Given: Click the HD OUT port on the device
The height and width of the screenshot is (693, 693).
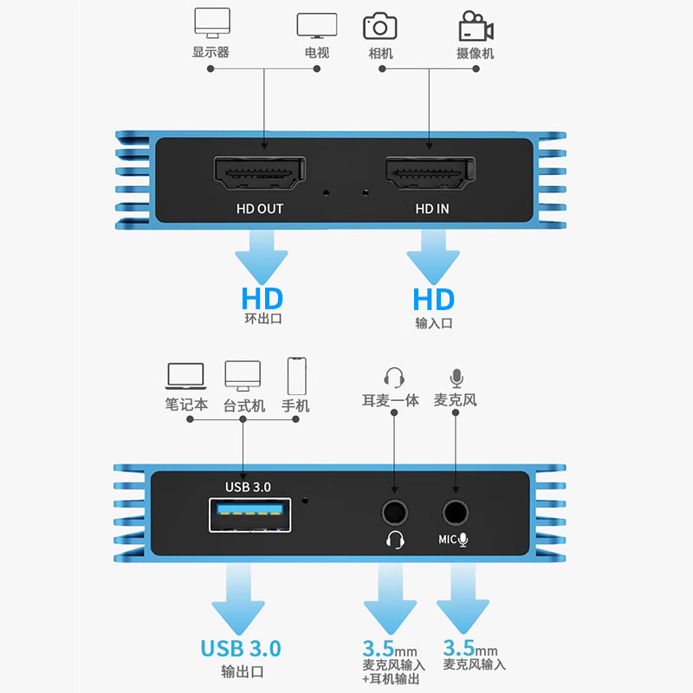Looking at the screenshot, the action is point(259,173).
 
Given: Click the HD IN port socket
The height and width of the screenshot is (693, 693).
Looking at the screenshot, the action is point(431,173).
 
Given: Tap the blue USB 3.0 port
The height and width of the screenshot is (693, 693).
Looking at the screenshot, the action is point(249,515).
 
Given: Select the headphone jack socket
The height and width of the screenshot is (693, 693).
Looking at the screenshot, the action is point(394,513).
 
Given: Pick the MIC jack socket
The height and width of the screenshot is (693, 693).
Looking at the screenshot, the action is point(456,513).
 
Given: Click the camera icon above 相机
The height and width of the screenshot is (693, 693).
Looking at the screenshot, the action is point(379,27).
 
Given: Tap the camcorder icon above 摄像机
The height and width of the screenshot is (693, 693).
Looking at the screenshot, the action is point(476,26).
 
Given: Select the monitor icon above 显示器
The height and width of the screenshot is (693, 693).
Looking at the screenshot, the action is point(212,23).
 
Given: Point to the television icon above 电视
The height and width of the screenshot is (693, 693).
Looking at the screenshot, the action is point(317,26).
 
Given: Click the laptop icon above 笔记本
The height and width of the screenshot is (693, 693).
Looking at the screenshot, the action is point(185,376).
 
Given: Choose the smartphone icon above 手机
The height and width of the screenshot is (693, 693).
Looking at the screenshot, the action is point(296,376).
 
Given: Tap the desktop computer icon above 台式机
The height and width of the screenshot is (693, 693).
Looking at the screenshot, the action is point(243,376).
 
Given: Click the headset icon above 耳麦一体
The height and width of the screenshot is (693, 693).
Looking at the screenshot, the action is point(394,378).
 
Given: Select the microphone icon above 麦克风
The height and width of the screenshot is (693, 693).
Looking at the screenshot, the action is point(457,379).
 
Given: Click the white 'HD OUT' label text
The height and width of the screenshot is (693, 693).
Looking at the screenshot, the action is point(260,209).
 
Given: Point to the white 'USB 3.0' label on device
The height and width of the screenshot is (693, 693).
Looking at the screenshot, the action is point(248,487).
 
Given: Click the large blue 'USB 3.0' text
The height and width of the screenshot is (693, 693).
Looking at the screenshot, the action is point(241,649).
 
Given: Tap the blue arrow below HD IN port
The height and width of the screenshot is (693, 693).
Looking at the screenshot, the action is point(433,256).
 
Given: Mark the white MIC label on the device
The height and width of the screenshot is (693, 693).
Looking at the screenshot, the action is point(447,540).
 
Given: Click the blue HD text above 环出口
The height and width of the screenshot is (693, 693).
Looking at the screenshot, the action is point(262,299).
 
